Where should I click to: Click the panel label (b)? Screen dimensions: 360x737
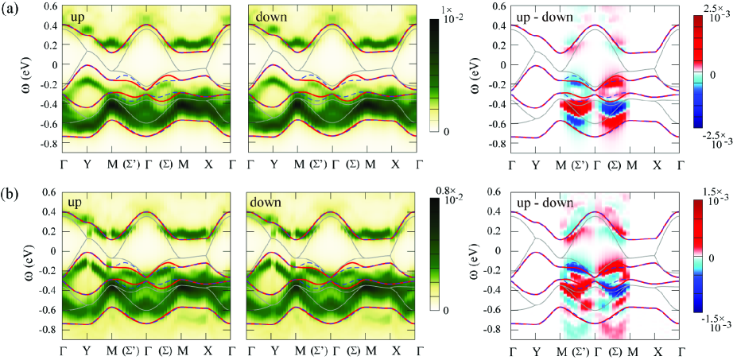pyautogui.click(x=11, y=193)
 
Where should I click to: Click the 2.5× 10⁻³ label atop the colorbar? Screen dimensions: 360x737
pyautogui.click(x=712, y=11)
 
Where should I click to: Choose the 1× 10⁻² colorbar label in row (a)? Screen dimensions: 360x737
pyautogui.click(x=459, y=13)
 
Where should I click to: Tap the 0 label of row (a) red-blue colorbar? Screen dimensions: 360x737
pyautogui.click(x=712, y=73)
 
